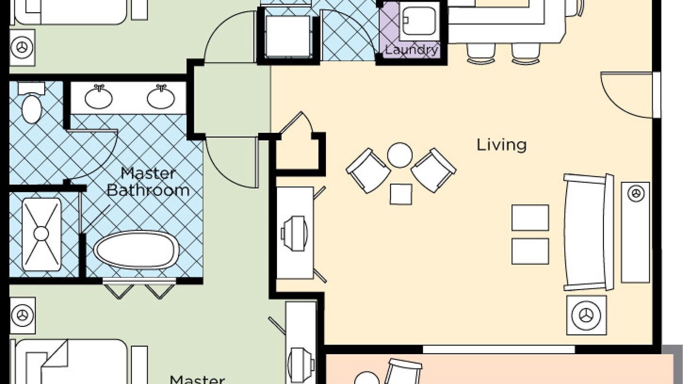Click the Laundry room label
pyautogui.click(x=411, y=50)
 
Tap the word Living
pyautogui.click(x=502, y=145)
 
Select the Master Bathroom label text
pyautogui.click(x=148, y=182)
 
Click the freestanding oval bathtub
pyautogui.click(x=136, y=250)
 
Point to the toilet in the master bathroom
pyautogui.click(x=31, y=103)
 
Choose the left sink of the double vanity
pyautogui.click(x=99, y=97)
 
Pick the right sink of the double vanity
pyautogui.click(x=161, y=97)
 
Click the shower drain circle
pyautogui.click(x=41, y=234)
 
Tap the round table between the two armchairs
pyautogui.click(x=400, y=155)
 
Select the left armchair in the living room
pyautogui.click(x=368, y=171)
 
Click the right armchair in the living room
pyautogui.click(x=434, y=170)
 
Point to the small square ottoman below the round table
pyautogui.click(x=401, y=194)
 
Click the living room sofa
pyautogui.click(x=589, y=232)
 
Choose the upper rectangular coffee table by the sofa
pyautogui.click(x=530, y=218)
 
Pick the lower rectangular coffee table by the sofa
pyautogui.click(x=530, y=251)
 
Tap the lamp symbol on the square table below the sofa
pyautogui.click(x=586, y=315)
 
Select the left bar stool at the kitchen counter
pyautogui.click(x=481, y=53)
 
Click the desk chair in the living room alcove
pyautogui.click(x=294, y=234)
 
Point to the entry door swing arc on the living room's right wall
pyautogui.click(x=621, y=103)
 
